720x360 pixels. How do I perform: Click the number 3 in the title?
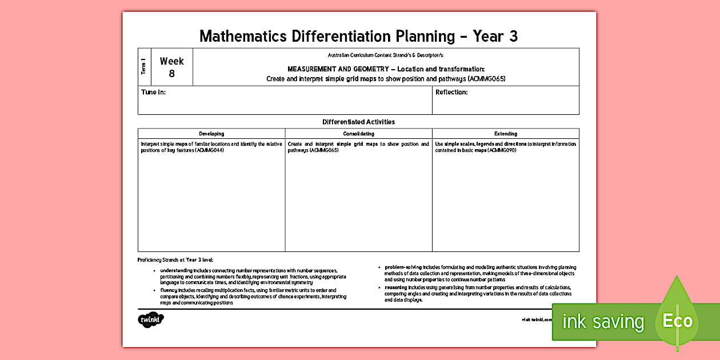pos(513,36)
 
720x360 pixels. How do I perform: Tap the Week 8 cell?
pos(171,67)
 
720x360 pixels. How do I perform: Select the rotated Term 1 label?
pos(143,67)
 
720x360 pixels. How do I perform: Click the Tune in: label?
pos(153,93)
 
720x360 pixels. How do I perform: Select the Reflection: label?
pos(451,93)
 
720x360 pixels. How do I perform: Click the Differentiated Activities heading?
pos(358,122)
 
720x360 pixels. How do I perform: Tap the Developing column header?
pos(211,134)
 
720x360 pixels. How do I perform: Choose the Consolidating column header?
pos(359,134)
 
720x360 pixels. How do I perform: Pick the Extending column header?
pos(506,134)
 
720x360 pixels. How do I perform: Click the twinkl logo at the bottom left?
pos(151,320)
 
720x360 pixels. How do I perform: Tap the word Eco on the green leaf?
pos(677,321)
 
